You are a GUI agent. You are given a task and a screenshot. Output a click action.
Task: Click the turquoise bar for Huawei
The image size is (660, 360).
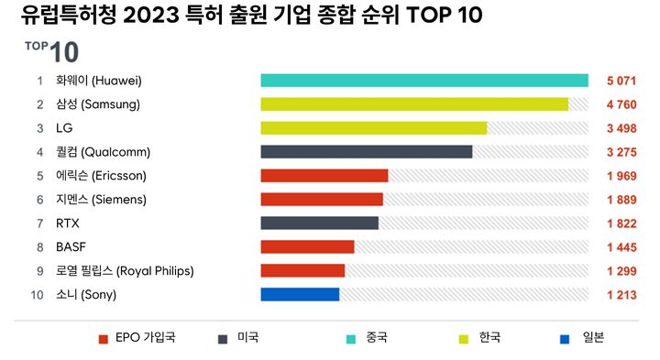click(x=423, y=81)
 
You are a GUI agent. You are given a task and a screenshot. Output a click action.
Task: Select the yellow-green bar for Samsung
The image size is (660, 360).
click(x=414, y=104)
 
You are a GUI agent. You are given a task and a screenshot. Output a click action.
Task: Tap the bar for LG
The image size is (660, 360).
click(x=373, y=128)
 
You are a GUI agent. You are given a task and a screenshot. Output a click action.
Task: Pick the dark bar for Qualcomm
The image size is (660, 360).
click(x=366, y=152)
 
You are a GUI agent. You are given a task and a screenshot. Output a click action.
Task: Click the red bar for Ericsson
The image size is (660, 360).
click(x=324, y=176)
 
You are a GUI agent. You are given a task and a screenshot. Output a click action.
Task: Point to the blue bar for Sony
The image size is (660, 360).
click(x=300, y=294)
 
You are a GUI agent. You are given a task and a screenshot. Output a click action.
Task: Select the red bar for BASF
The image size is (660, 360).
click(x=307, y=246)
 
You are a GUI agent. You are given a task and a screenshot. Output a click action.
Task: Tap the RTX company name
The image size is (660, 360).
click(x=68, y=223)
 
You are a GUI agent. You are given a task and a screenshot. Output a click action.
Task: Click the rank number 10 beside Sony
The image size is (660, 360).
click(x=38, y=294)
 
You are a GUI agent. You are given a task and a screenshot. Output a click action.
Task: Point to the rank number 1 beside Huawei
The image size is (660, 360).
click(x=39, y=82)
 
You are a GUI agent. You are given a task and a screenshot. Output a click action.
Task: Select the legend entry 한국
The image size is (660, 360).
click(x=489, y=338)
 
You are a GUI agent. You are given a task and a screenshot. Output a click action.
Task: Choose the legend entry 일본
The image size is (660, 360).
click(x=593, y=338)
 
